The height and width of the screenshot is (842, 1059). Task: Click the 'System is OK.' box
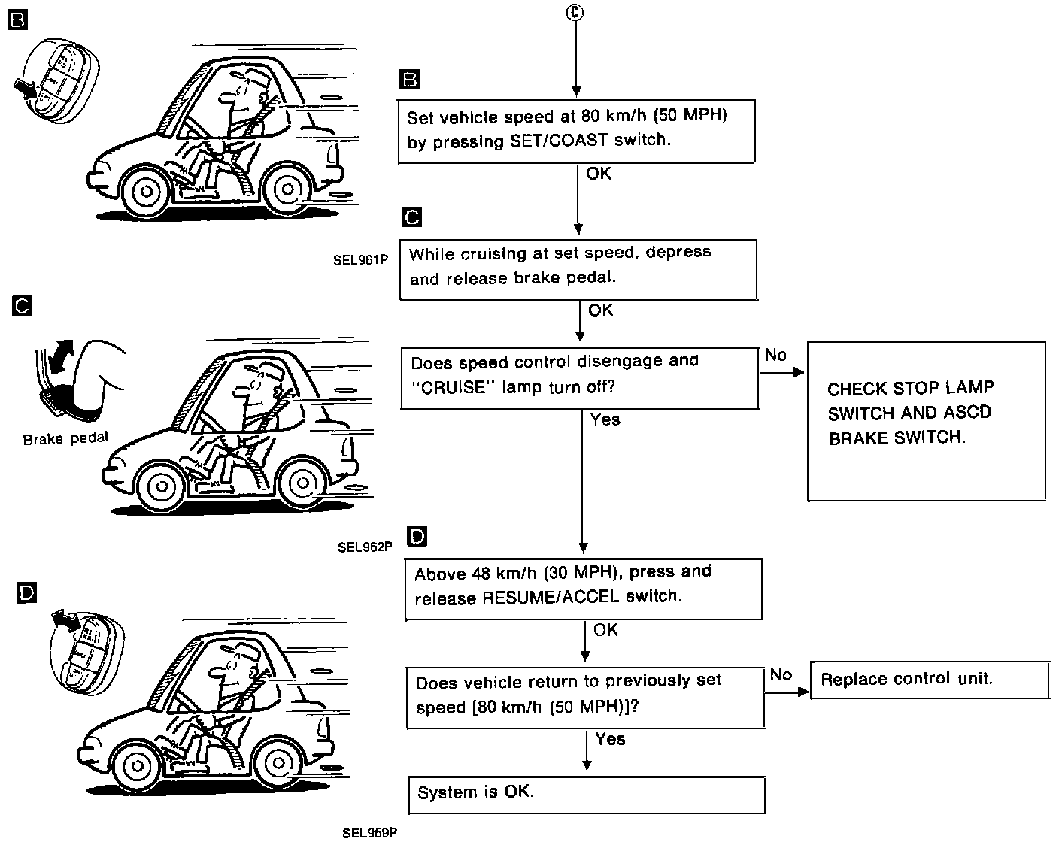[586, 795]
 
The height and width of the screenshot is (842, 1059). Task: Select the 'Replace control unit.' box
[929, 680]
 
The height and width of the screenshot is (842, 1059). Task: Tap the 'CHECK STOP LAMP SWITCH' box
[926, 421]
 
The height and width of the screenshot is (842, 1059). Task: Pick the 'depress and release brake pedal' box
[578, 269]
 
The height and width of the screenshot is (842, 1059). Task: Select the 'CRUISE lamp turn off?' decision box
[579, 378]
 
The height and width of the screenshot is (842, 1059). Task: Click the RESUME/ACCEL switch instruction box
[584, 589]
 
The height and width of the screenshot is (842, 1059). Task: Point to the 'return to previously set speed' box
[585, 697]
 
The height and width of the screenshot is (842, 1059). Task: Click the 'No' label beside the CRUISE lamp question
[775, 355]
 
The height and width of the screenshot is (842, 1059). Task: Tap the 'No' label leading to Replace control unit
[781, 675]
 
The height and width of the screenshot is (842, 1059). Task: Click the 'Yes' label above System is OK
[609, 739]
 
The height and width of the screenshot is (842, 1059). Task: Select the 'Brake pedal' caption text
[65, 438]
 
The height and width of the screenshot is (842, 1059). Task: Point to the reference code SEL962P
[365, 547]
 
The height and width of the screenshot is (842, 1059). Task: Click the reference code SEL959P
[369, 832]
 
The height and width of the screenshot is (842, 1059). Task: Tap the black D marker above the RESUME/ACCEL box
[416, 536]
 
